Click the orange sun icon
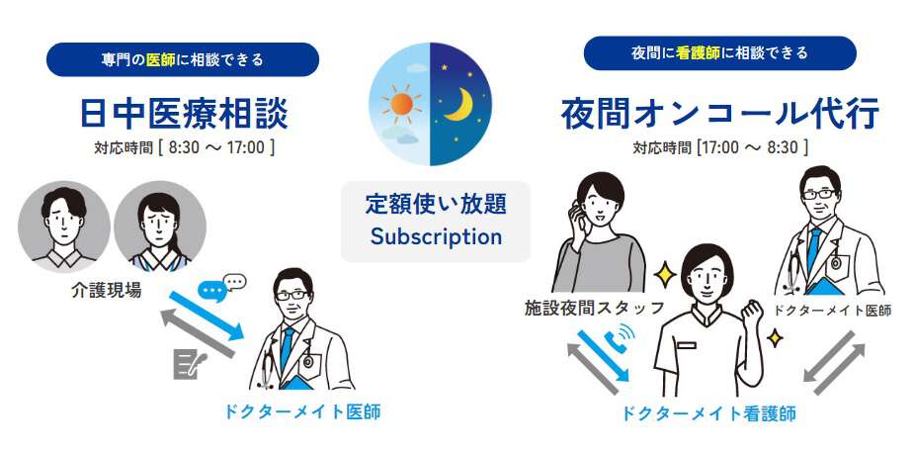click(401, 104)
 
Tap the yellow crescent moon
click(459, 105)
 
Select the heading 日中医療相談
click(184, 114)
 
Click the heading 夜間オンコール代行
click(720, 114)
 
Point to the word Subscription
click(436, 237)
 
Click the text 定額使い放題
click(436, 205)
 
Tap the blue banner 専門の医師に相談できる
click(183, 59)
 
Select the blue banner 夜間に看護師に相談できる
click(720, 53)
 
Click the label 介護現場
click(107, 290)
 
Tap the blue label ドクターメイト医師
click(302, 412)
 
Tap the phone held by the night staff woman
click(578, 215)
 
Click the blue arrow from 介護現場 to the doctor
click(207, 316)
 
